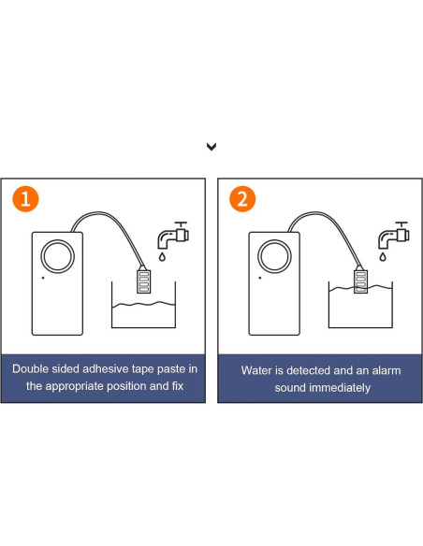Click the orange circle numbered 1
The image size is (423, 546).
click(x=25, y=199)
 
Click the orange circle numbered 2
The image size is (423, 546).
click(x=242, y=199)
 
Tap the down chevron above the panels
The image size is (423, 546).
click(x=211, y=147)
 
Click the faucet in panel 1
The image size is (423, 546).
click(x=173, y=235)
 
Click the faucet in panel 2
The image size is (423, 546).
click(x=394, y=235)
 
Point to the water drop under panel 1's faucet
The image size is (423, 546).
click(x=162, y=257)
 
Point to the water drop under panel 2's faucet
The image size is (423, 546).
click(x=383, y=257)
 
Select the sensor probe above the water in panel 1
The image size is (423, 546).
click(x=143, y=280)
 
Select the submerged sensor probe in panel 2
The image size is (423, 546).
click(x=360, y=280)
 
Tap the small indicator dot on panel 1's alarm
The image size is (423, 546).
click(x=43, y=278)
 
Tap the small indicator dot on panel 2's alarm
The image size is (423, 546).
click(x=260, y=278)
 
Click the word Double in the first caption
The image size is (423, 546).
click(x=30, y=368)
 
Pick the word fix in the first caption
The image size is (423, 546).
click(x=178, y=386)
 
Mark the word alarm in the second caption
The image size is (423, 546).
click(x=387, y=370)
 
